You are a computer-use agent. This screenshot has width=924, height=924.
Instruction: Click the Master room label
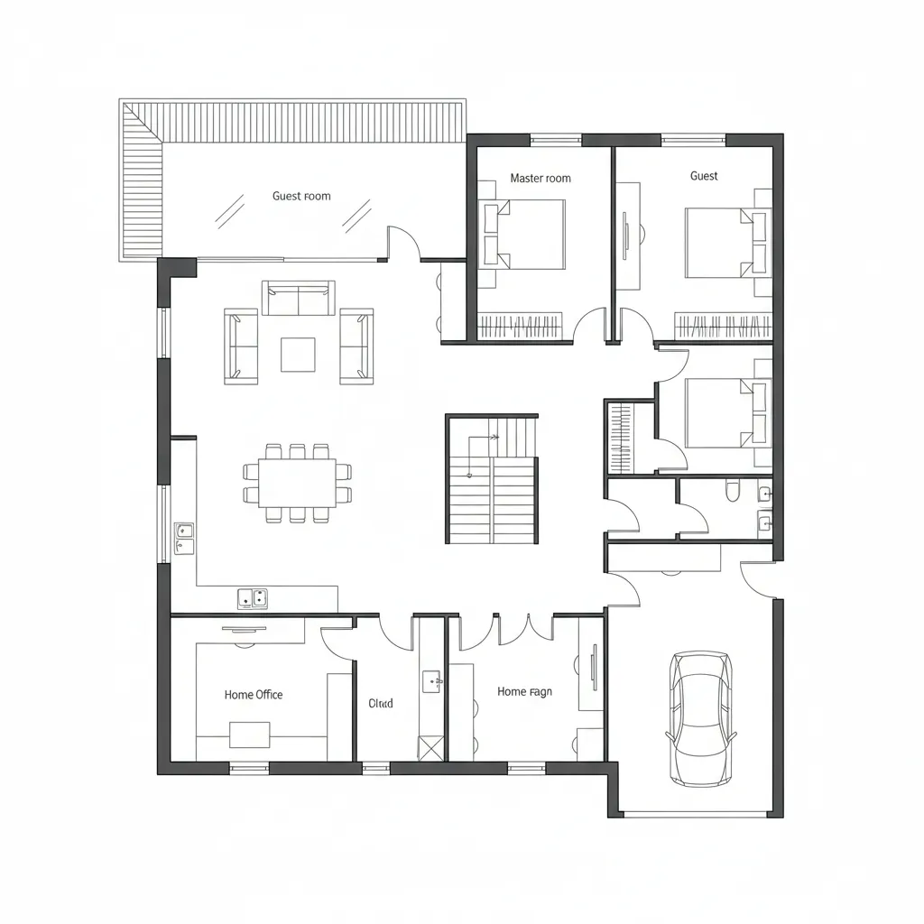tap(541, 179)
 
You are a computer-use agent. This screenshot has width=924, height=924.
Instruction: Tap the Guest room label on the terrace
tap(301, 196)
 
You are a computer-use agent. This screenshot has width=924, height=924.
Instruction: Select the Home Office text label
tap(254, 695)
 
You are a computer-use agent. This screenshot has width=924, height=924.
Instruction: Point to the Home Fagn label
tap(524, 692)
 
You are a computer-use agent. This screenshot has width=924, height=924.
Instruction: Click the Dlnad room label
tap(382, 703)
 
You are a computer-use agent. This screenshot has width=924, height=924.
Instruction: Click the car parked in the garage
tap(700, 717)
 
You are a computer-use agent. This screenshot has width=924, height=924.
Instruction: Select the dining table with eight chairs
tap(297, 483)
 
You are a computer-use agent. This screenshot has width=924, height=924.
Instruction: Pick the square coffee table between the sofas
tap(298, 355)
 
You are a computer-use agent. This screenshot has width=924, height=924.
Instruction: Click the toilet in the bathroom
tap(732, 491)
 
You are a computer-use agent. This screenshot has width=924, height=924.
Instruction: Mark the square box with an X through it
tap(431, 747)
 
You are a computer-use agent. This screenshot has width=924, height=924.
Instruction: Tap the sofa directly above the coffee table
tap(298, 299)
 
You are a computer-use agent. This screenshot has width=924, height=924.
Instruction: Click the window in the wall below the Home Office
tap(249, 769)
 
